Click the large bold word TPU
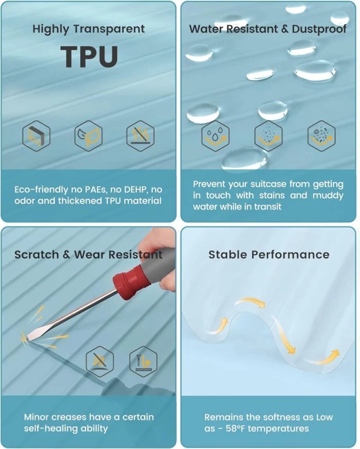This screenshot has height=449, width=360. (x=89, y=57)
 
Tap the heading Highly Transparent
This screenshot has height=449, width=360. (x=88, y=29)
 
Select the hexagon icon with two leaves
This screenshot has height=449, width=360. (x=88, y=136)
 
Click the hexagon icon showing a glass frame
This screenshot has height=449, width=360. (x=37, y=136)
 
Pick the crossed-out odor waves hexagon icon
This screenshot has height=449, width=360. (x=140, y=136)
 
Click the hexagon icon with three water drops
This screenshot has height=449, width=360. (x=215, y=136)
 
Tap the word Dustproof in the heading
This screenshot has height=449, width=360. (x=319, y=29)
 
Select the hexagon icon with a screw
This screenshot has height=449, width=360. (x=143, y=362)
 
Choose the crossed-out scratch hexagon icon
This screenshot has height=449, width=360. (x=100, y=362)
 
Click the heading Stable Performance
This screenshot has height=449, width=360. (x=269, y=255)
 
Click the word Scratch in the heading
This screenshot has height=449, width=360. (x=37, y=255)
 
